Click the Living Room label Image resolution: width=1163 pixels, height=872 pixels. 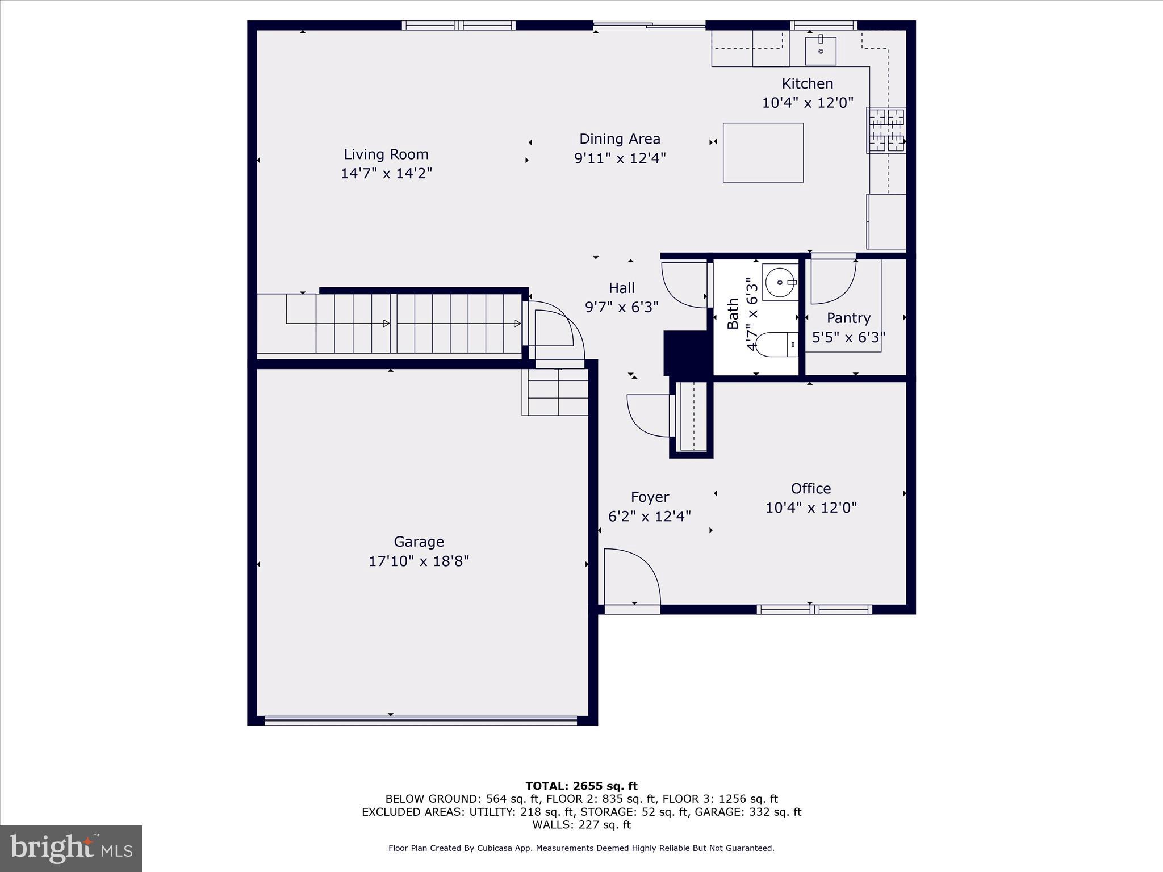click(x=386, y=154)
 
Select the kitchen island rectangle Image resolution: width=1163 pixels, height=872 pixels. click(x=763, y=152)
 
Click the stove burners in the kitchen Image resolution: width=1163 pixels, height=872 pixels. click(x=886, y=131)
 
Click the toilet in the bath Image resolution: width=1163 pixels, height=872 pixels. click(x=776, y=344)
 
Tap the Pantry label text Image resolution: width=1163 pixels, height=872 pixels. click(x=848, y=318)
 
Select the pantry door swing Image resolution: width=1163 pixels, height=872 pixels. click(x=832, y=281)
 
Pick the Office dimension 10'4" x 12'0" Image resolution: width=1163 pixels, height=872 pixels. click(x=811, y=508)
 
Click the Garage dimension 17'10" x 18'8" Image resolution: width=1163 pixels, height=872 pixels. click(x=419, y=561)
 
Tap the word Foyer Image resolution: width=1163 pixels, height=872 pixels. click(x=650, y=497)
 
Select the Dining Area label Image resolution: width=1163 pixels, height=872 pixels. click(x=620, y=139)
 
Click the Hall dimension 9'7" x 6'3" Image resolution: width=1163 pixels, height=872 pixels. click(x=622, y=307)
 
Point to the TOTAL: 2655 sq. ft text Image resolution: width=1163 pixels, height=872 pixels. click(x=581, y=786)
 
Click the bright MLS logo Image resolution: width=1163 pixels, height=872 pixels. click(x=71, y=848)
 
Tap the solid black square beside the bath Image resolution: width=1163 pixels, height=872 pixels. click(x=685, y=352)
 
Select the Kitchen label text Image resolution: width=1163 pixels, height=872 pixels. click(x=807, y=84)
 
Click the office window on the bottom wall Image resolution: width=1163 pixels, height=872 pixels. click(x=814, y=610)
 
